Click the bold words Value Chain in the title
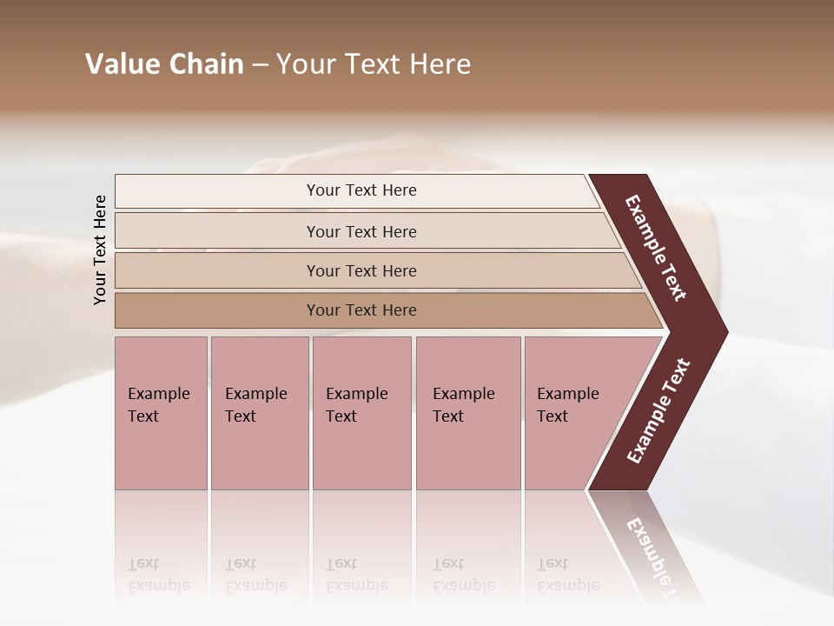164,64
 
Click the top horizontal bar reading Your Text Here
361,190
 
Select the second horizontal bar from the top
361,231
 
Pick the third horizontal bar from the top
361,270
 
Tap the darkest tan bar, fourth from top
361,310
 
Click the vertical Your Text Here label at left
100,250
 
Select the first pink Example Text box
161,413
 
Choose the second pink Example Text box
259,413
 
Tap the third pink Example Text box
361,413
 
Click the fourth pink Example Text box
468,413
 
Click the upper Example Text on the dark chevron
656,249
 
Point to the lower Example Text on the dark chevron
659,411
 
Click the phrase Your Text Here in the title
374,64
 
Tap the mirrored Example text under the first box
158,585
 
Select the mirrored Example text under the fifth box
567,585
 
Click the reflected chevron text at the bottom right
653,551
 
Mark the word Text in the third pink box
341,416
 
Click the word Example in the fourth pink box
463,394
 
